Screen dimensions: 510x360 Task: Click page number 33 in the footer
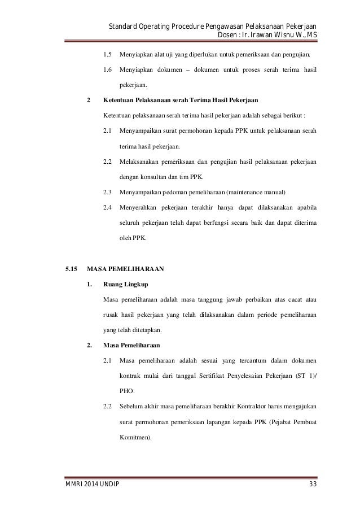[x=312, y=485]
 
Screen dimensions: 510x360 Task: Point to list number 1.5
[x=107, y=56]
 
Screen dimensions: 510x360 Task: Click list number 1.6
[x=107, y=71]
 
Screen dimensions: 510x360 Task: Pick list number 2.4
[x=107, y=207]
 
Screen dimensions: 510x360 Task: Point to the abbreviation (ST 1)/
[x=305, y=375]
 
